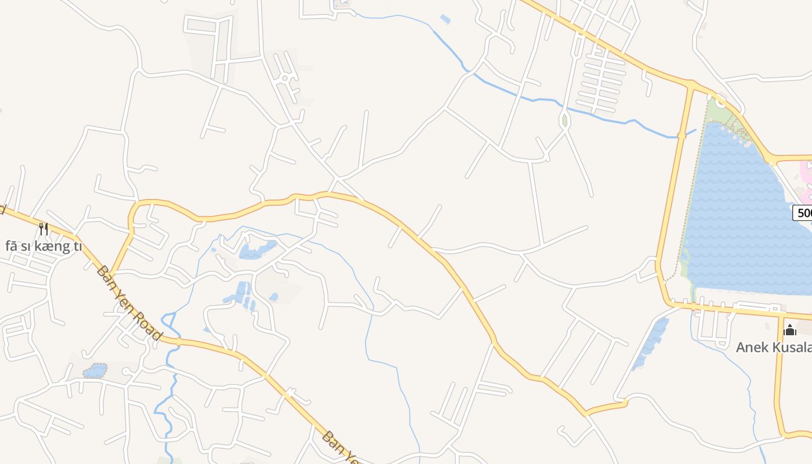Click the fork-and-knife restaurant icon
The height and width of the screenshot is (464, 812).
[43, 229]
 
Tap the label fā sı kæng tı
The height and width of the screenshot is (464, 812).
[43, 246]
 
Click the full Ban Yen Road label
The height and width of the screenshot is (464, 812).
[128, 303]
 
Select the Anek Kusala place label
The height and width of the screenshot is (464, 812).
[773, 347]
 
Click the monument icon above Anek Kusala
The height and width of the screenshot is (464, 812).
[789, 331]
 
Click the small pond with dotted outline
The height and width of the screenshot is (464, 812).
[95, 370]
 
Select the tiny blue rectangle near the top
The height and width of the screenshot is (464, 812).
[445, 19]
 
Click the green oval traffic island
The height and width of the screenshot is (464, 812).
[564, 121]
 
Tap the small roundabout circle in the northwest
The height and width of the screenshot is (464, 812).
[285, 77]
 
